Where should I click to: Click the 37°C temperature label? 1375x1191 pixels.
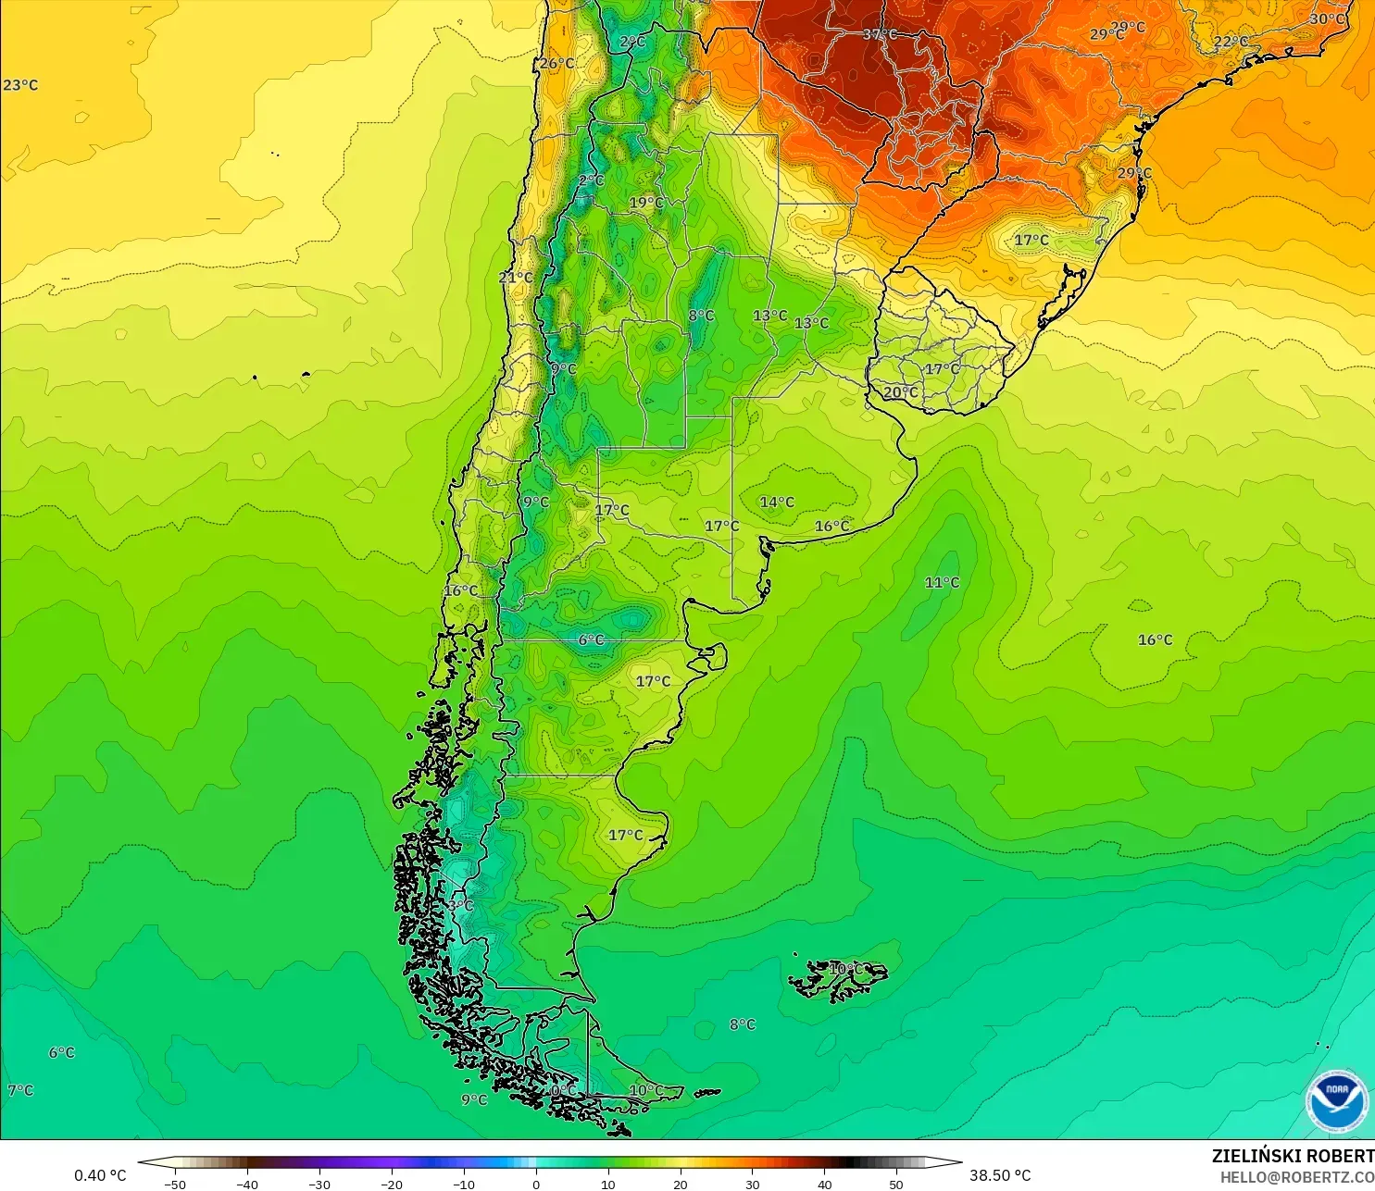click(x=880, y=34)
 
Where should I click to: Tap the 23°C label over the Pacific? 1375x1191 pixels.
click(x=20, y=85)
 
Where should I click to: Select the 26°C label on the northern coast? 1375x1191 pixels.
click(x=556, y=63)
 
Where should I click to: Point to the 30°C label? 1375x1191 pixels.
click(x=1327, y=19)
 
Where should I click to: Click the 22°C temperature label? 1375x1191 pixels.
click(x=1231, y=42)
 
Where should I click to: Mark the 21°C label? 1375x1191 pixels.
click(x=516, y=278)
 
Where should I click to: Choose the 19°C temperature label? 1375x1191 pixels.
click(x=646, y=203)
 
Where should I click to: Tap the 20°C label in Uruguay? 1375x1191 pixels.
click(x=900, y=392)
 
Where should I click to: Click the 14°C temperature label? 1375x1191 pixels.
click(x=777, y=502)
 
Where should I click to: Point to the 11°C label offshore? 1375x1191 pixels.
click(x=942, y=582)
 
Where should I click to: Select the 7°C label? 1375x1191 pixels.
click(x=20, y=1090)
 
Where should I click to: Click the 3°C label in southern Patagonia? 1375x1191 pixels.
click(x=461, y=905)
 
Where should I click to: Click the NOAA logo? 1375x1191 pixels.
click(x=1336, y=1100)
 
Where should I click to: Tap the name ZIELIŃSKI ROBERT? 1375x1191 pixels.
click(x=1293, y=1156)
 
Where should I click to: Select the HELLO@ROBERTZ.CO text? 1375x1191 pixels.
click(x=1296, y=1177)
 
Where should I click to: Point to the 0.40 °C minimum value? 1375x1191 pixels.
click(x=100, y=1175)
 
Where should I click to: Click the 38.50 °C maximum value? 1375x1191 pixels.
click(x=1000, y=1175)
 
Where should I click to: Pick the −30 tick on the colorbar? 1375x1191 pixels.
click(x=319, y=1184)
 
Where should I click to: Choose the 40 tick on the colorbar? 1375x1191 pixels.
click(x=824, y=1184)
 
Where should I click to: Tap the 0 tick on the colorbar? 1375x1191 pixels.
click(x=536, y=1184)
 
